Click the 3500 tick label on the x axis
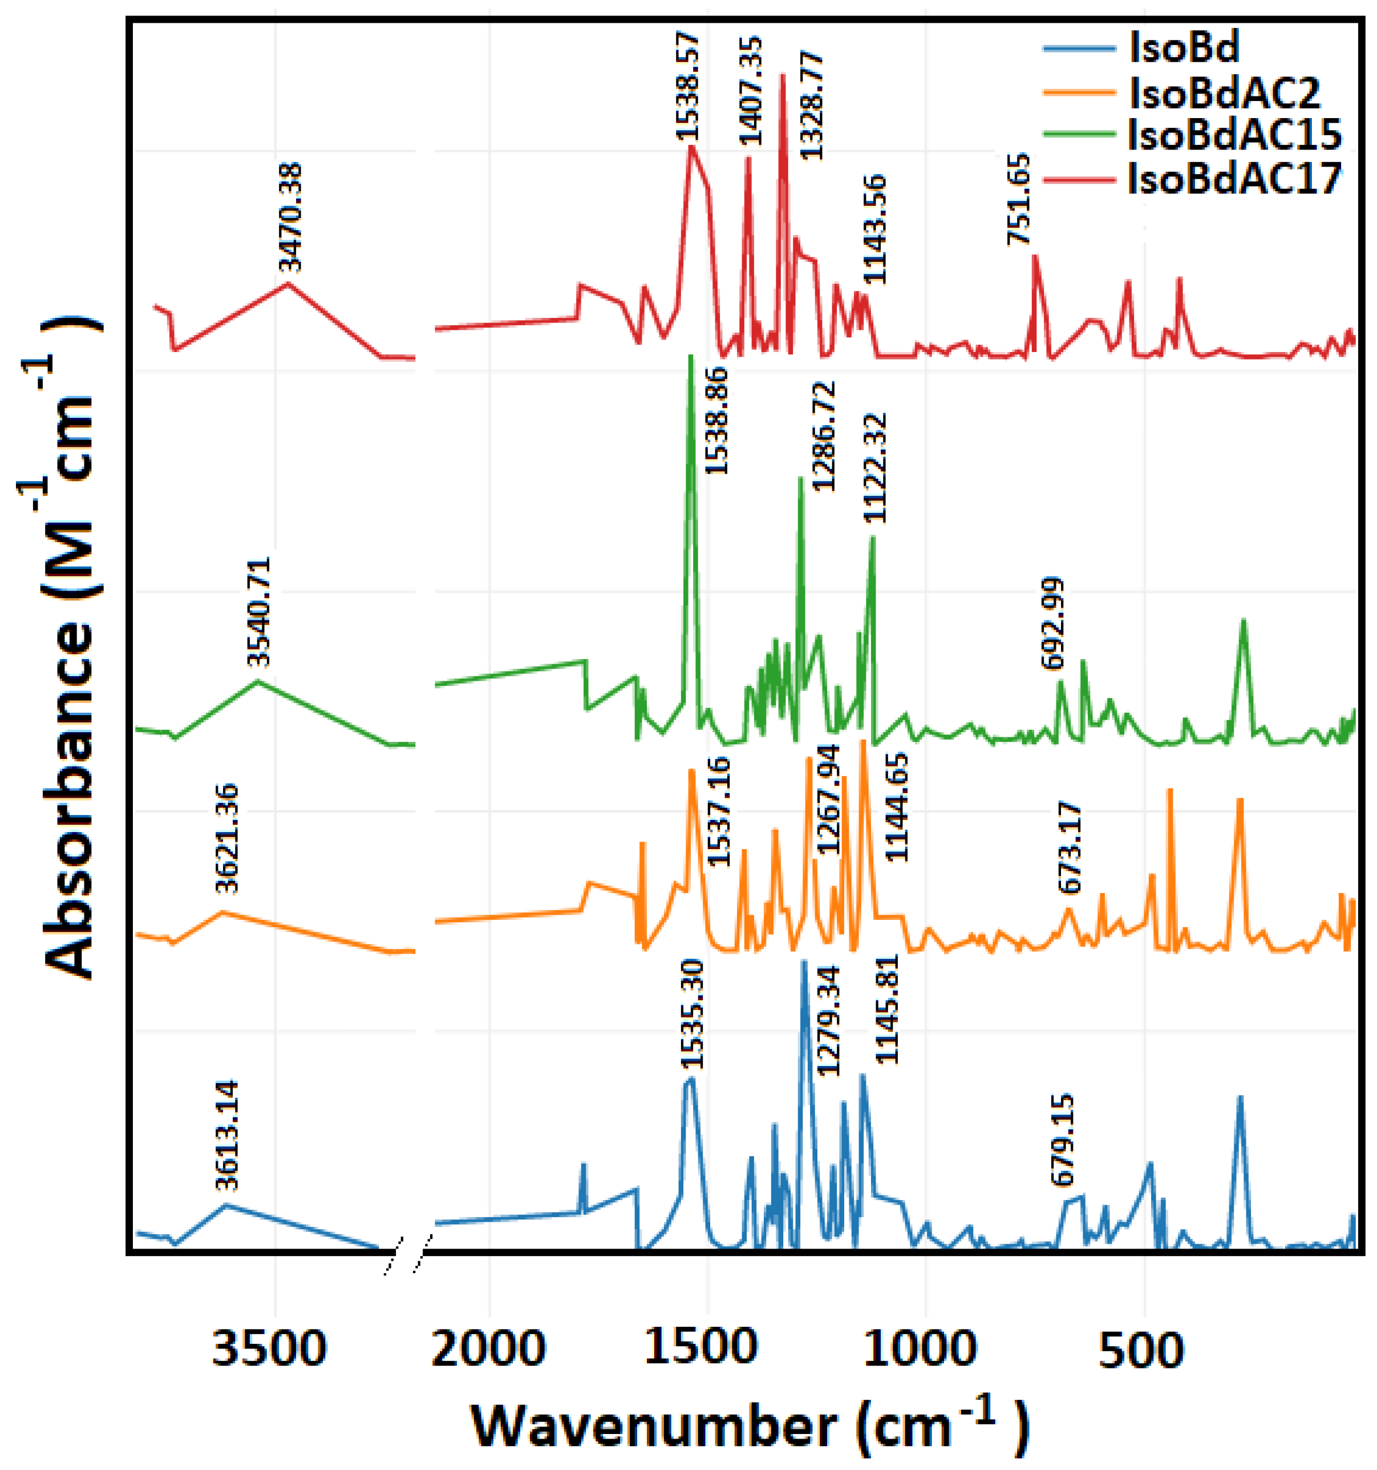(268, 1348)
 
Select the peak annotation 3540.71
(260, 612)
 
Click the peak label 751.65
(1019, 199)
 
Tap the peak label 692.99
(1052, 623)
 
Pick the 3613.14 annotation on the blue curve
(228, 1136)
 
